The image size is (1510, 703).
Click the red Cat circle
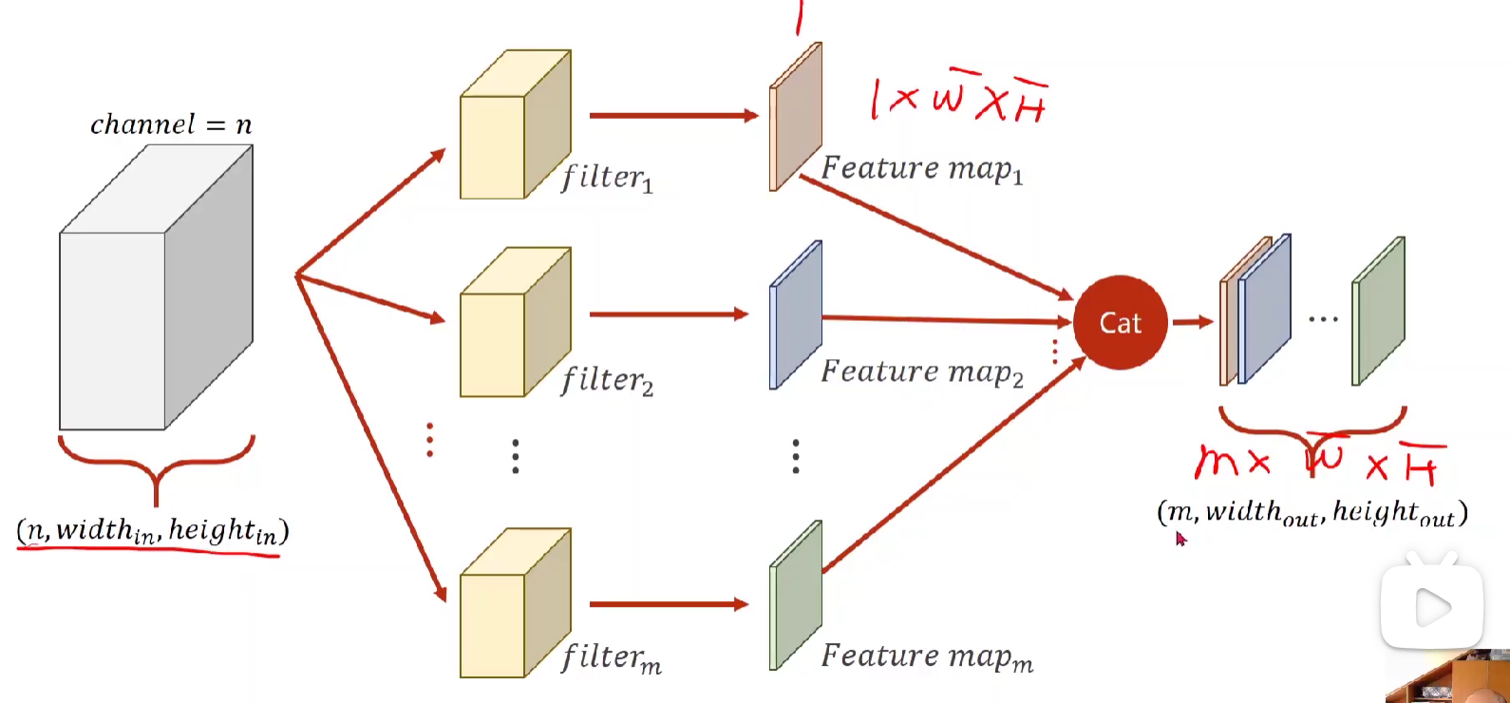1120,322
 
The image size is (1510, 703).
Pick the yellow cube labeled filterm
513,605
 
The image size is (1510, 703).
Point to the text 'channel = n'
171,124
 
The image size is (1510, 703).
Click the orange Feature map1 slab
796,117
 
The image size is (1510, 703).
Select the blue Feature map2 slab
796,315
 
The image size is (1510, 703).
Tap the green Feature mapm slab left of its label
796,596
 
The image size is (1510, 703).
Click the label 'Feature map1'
921,169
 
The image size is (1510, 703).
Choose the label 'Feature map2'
921,371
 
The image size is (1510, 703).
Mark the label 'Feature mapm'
926,656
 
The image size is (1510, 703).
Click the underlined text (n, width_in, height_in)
152,530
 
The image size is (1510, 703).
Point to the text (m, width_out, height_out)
1312,513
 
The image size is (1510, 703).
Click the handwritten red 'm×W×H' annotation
1318,462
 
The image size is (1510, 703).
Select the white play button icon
1432,607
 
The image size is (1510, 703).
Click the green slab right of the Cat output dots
1379,312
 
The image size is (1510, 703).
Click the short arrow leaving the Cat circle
1193,322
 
